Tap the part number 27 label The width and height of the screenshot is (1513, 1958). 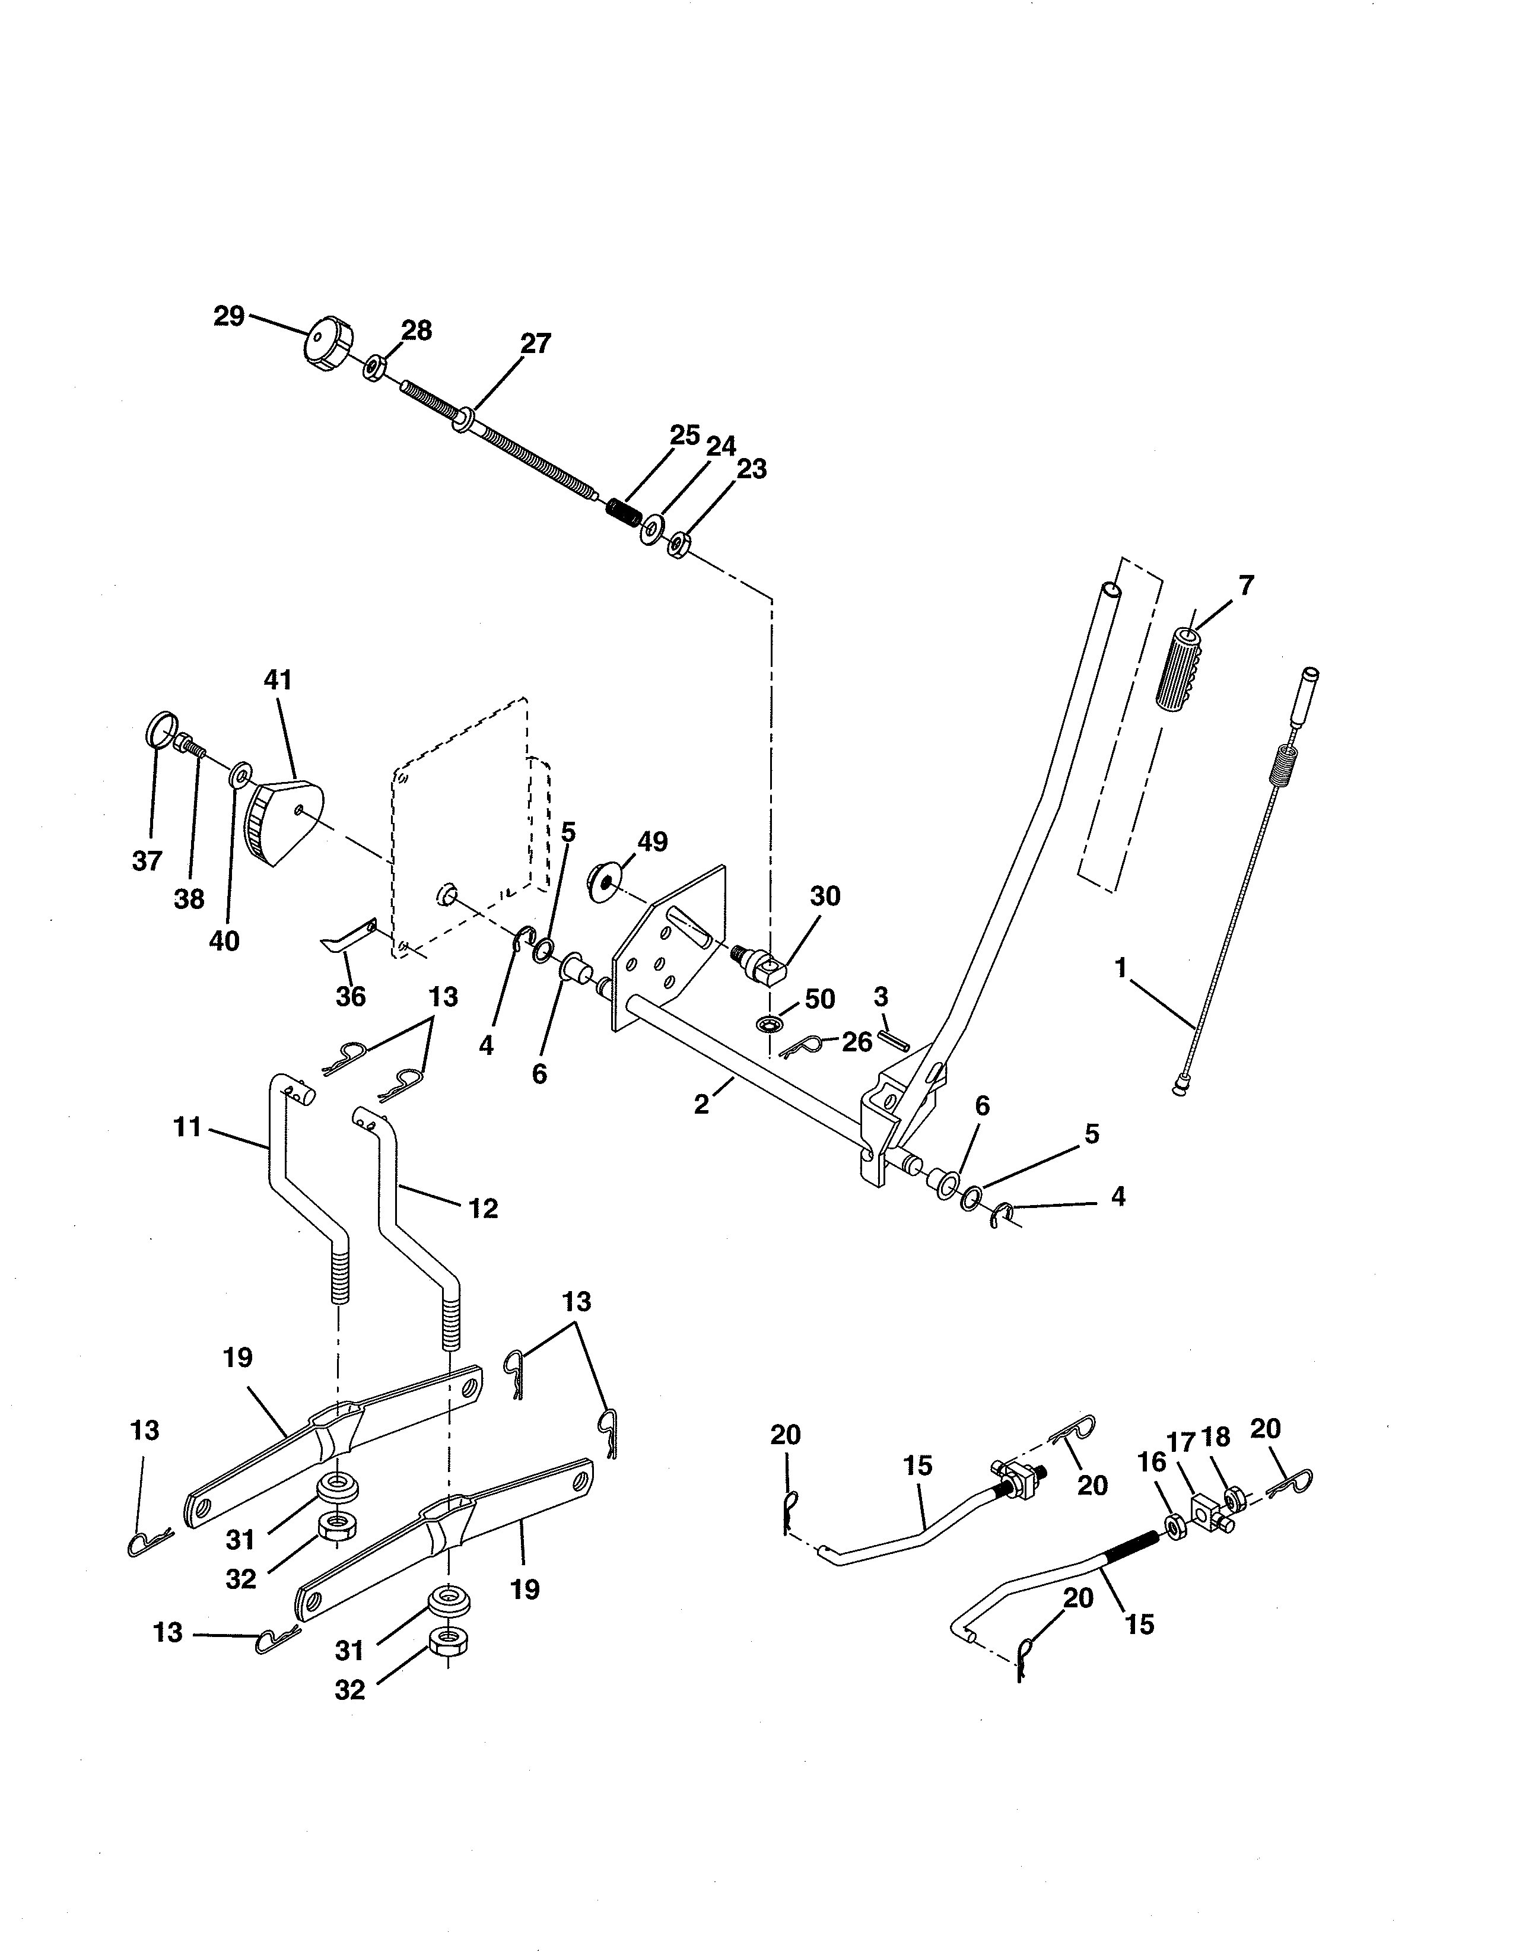535,344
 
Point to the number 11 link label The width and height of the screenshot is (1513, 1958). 187,1127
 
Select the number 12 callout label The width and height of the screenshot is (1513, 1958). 483,1209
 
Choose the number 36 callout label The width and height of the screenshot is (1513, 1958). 351,996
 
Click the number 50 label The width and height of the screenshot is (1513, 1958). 819,999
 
